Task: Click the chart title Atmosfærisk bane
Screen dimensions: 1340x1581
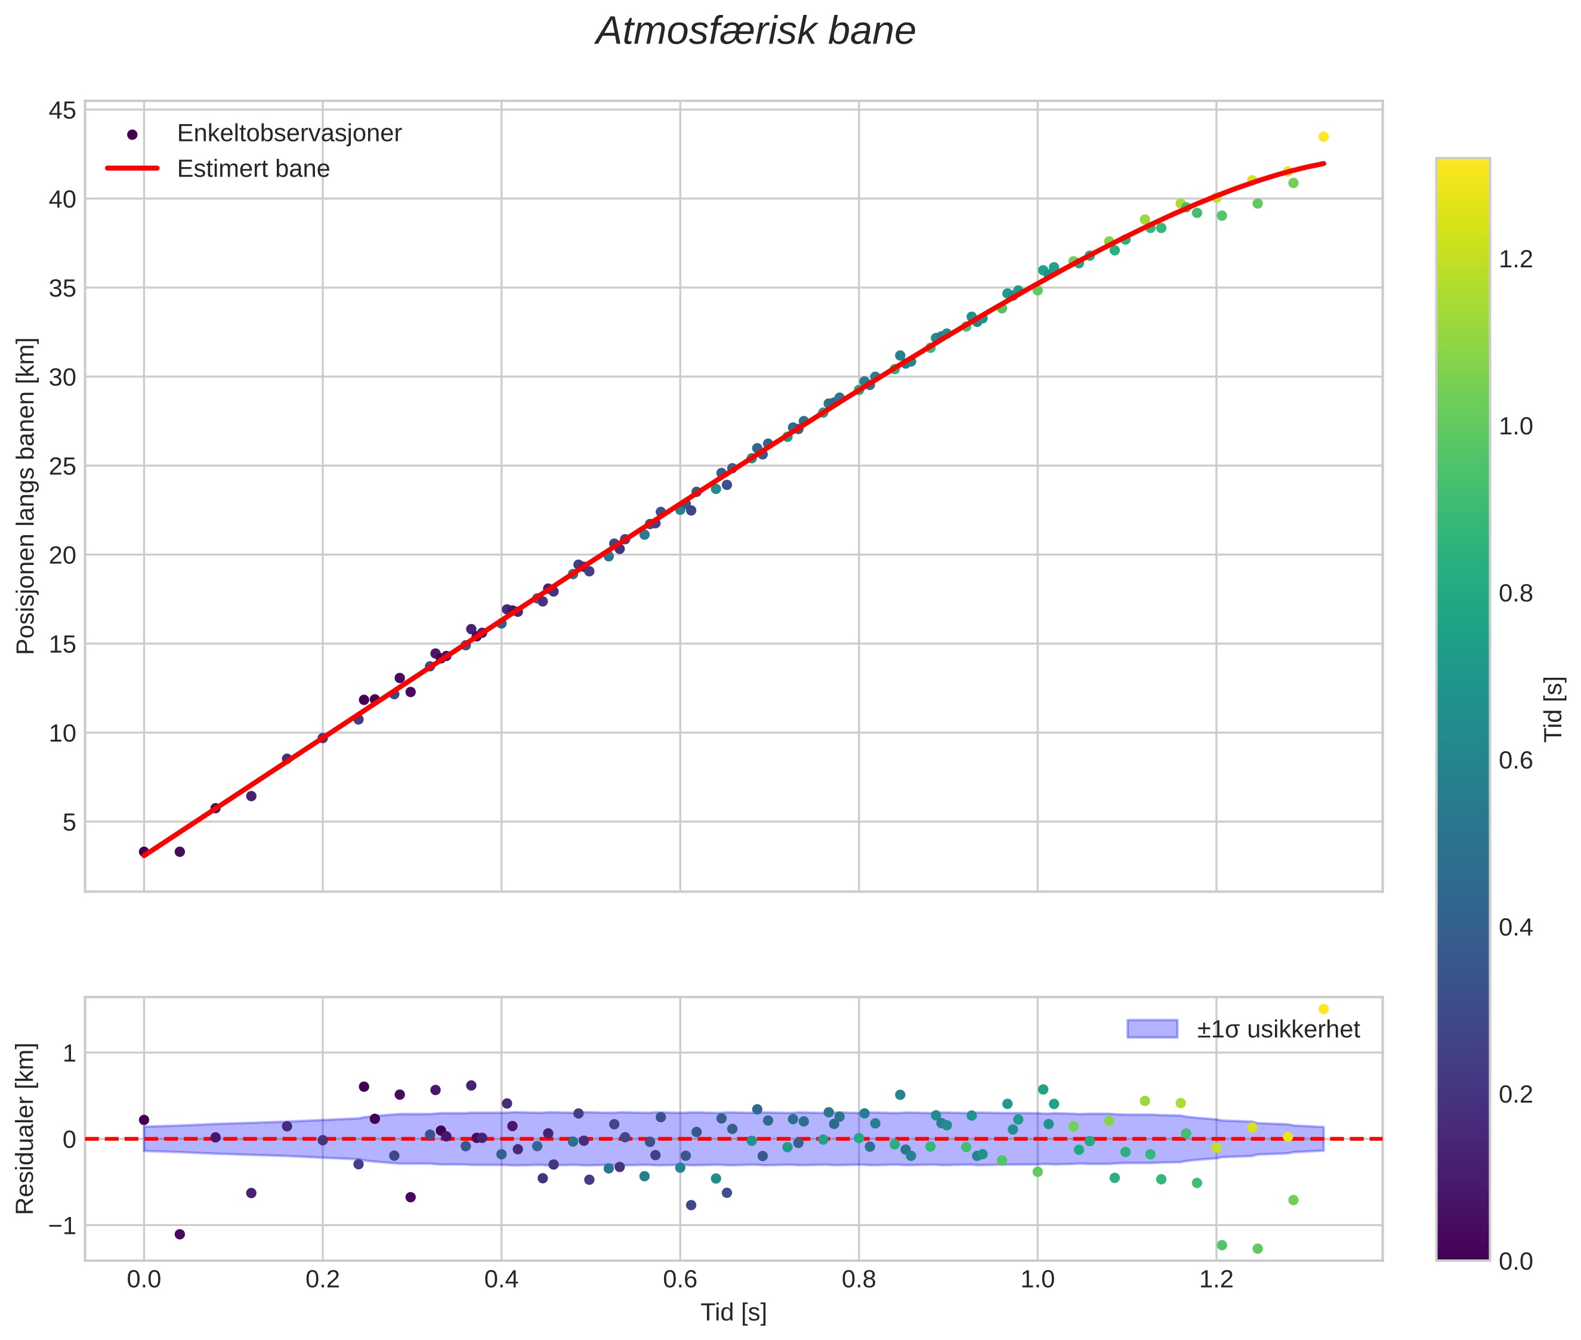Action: click(x=755, y=32)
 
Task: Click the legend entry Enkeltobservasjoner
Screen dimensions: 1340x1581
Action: click(x=289, y=133)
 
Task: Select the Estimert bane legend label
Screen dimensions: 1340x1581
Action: click(x=253, y=169)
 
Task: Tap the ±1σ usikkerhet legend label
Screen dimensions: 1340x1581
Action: click(x=1278, y=1029)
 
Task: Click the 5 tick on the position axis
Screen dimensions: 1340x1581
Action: click(x=69, y=822)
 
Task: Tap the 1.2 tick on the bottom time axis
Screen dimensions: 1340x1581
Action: click(x=1215, y=1279)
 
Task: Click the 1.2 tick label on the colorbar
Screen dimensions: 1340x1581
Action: click(x=1515, y=260)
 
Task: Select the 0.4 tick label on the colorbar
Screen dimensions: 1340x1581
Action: click(x=1515, y=928)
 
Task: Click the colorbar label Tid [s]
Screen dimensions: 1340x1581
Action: click(x=1554, y=709)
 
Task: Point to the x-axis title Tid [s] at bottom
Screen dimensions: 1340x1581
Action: click(x=733, y=1313)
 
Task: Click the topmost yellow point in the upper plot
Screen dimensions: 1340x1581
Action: click(x=1323, y=137)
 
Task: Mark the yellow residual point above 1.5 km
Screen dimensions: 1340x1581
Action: click(x=1323, y=1009)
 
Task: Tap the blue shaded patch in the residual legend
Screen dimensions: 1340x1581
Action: click(x=1152, y=1029)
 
